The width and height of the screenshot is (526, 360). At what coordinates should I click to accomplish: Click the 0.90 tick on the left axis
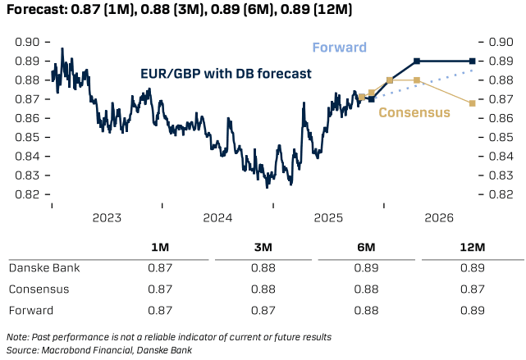(27, 42)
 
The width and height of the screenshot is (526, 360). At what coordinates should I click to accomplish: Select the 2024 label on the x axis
(217, 218)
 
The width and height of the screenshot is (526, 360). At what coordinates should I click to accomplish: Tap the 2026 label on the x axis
(440, 218)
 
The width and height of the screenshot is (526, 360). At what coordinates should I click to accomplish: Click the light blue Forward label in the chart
(338, 48)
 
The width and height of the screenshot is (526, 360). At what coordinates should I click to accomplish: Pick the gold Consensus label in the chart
(414, 112)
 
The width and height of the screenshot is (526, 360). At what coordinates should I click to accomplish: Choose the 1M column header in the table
(161, 248)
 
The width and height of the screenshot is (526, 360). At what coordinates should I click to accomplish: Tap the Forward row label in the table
(30, 311)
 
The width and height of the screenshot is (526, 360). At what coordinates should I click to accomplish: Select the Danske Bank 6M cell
(367, 268)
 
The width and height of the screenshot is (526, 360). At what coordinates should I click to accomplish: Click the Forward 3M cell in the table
(264, 311)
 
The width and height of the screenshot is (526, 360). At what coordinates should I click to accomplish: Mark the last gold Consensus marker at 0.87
(472, 103)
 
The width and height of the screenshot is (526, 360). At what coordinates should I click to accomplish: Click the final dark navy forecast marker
(473, 61)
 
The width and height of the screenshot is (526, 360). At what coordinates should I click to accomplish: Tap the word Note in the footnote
(16, 337)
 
